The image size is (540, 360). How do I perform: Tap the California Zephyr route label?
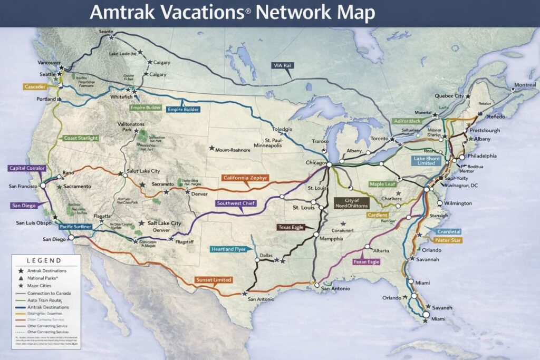pyautogui.click(x=245, y=178)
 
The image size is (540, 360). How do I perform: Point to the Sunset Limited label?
pyautogui.click(x=213, y=279)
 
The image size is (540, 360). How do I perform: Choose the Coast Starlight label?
pyautogui.click(x=81, y=138)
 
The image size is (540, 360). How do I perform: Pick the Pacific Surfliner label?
pyautogui.click(x=76, y=227)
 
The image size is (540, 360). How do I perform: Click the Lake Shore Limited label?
pyautogui.click(x=425, y=160)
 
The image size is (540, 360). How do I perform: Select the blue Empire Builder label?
pyautogui.click(x=183, y=110)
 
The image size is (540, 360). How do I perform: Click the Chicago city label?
pyautogui.click(x=316, y=163)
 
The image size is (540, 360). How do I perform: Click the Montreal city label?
pyautogui.click(x=524, y=85)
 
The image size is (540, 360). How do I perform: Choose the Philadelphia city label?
pyautogui.click(x=481, y=156)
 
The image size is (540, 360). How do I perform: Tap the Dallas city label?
pyautogui.click(x=266, y=256)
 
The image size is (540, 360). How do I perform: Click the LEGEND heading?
pyautogui.click(x=44, y=260)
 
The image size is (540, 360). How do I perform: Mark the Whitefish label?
pyautogui.click(x=121, y=98)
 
